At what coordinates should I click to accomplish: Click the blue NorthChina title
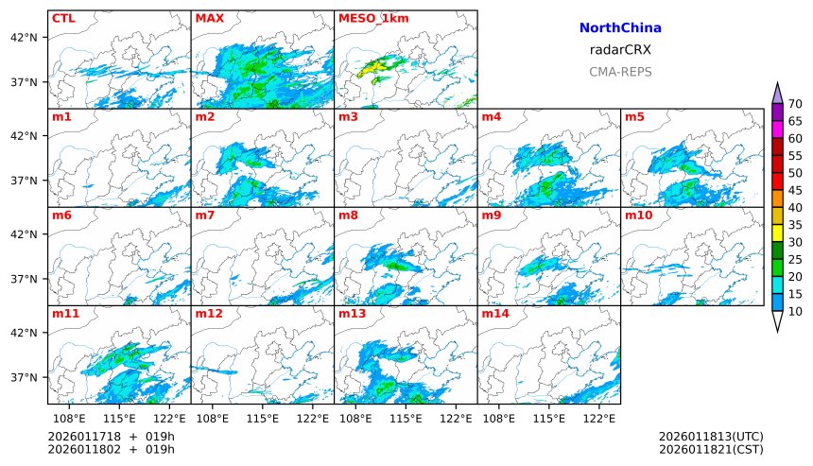click(x=619, y=28)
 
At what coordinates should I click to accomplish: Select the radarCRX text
click(x=619, y=50)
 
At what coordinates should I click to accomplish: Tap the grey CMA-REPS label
click(x=619, y=72)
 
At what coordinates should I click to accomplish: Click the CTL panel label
click(x=63, y=18)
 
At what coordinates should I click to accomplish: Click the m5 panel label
click(x=634, y=117)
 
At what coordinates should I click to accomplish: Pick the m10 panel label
click(x=638, y=216)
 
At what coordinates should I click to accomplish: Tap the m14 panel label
click(x=494, y=313)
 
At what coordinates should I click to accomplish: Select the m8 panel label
click(x=348, y=216)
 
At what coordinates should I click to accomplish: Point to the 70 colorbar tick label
click(x=795, y=104)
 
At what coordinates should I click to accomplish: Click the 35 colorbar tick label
click(x=795, y=225)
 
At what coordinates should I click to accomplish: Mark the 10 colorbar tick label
click(x=795, y=311)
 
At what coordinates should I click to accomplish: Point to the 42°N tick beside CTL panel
click(x=23, y=38)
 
